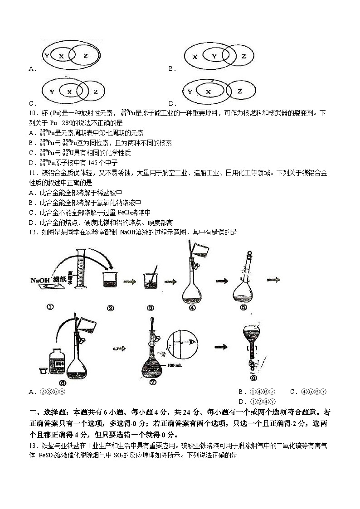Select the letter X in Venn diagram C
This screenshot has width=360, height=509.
tap(69, 92)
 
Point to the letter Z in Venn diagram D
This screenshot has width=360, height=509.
tap(240, 92)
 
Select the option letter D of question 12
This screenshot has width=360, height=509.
tap(241, 401)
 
